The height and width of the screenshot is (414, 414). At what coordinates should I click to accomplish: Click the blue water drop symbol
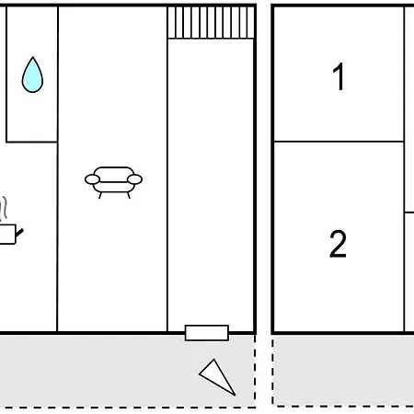32,75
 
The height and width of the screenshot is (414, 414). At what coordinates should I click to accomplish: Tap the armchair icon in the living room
113,182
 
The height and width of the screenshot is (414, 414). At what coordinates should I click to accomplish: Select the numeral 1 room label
339,76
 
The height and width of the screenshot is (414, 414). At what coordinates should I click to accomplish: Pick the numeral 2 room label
338,244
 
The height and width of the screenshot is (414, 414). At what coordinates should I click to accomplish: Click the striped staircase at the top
211,22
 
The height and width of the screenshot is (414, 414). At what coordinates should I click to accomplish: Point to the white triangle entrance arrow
217,377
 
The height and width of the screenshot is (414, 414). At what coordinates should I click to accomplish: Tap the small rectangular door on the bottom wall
207,333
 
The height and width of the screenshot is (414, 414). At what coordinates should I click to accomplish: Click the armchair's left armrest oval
92,179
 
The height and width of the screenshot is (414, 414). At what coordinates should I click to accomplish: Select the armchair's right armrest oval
134,179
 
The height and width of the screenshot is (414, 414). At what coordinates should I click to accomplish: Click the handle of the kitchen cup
19,233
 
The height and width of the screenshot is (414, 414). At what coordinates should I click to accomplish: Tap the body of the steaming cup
7,235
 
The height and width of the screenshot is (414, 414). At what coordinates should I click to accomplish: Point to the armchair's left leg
100,195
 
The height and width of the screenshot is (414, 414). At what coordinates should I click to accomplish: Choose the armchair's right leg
129,195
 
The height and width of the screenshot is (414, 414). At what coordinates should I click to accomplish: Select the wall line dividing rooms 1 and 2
339,142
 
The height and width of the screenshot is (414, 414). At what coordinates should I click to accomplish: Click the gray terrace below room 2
343,370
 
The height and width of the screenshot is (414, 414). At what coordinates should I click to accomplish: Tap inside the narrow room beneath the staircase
211,181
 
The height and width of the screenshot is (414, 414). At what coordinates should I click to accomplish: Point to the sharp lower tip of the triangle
236,396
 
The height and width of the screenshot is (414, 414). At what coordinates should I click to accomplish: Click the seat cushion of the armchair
113,187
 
